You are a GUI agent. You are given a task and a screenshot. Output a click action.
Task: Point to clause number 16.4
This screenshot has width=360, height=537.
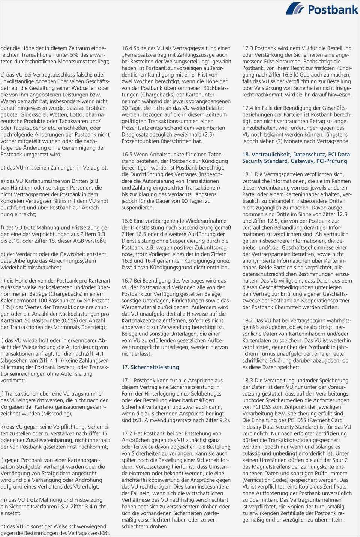point(128,48)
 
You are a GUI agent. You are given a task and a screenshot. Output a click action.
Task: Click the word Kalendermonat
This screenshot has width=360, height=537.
point(18,301)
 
